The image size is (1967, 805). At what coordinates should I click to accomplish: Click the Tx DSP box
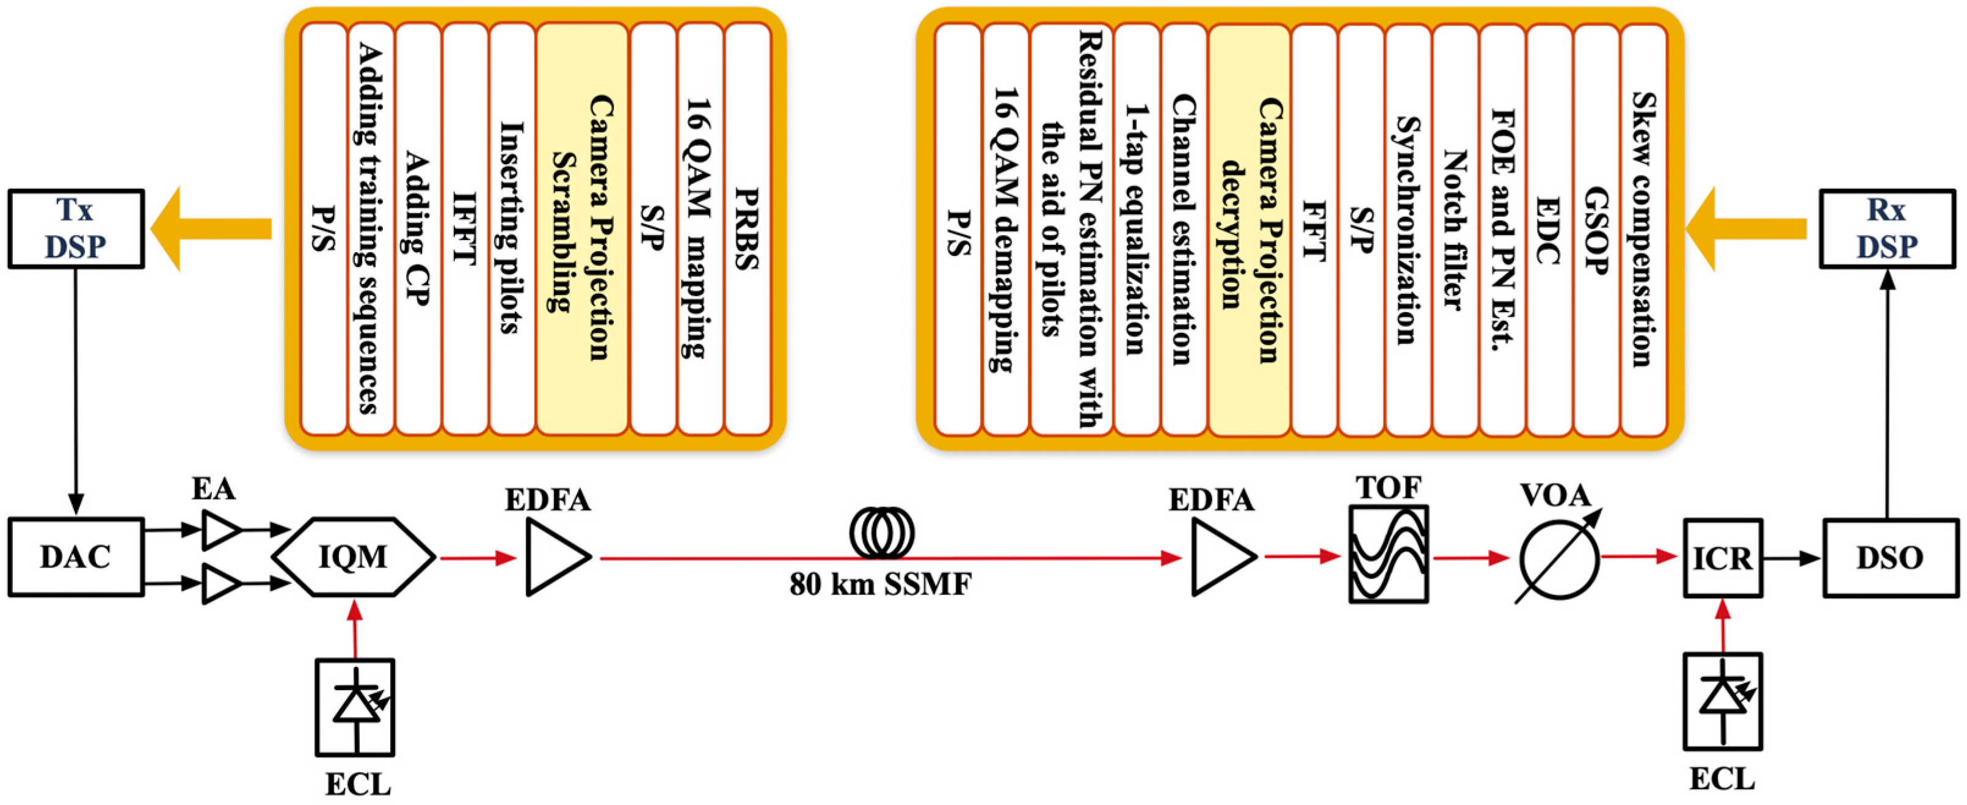[x=76, y=228]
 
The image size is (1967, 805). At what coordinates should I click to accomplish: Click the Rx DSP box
[x=1887, y=228]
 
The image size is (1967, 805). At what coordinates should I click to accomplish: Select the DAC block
[x=76, y=557]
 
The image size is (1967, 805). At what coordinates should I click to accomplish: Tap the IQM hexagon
[x=353, y=557]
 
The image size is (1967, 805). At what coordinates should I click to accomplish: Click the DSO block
[x=1890, y=558]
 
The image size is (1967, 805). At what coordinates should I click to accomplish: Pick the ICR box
[x=1723, y=558]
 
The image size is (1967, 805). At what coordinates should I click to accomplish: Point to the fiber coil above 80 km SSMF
[x=881, y=533]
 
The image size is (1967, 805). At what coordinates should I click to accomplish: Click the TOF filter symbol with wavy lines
[x=1388, y=554]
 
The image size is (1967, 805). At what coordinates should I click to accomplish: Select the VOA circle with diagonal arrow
[x=1558, y=558]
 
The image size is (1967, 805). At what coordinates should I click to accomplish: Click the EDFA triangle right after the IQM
[x=554, y=558]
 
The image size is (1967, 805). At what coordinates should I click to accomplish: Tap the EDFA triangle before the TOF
[x=1220, y=558]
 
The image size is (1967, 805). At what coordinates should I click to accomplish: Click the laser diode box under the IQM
[x=355, y=707]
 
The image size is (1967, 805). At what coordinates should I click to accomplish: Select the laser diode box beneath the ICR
[x=1723, y=701]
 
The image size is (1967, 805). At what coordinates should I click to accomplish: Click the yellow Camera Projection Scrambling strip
[x=582, y=228]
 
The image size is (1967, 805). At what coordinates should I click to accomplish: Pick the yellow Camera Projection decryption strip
[x=1249, y=228]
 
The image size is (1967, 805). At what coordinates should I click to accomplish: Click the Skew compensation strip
[x=1643, y=228]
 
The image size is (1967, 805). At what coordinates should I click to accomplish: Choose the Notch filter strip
[x=1455, y=228]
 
